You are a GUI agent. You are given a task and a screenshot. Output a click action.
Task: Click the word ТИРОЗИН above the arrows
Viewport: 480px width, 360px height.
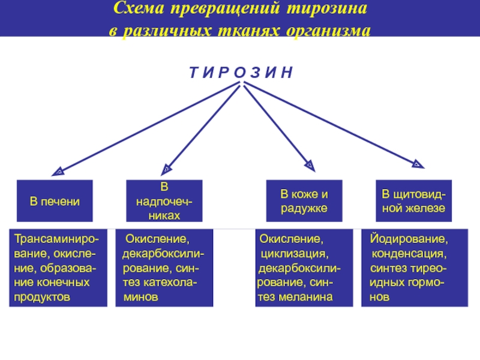tap(241, 73)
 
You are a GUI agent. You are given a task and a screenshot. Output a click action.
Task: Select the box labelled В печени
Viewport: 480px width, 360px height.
tap(55, 201)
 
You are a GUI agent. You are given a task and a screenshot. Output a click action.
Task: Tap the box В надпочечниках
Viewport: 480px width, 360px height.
tap(164, 201)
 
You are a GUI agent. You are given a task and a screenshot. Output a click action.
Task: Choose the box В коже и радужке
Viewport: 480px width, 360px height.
tap(304, 201)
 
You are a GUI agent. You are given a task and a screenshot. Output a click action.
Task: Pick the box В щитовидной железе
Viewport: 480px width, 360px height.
tap(414, 201)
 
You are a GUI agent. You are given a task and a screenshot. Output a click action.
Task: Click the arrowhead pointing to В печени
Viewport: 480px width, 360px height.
tap(58, 171)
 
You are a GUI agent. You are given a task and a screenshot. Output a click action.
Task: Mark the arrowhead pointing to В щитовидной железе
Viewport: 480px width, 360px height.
tap(416, 162)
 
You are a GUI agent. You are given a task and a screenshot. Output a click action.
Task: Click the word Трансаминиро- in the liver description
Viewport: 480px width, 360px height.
tap(58, 239)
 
